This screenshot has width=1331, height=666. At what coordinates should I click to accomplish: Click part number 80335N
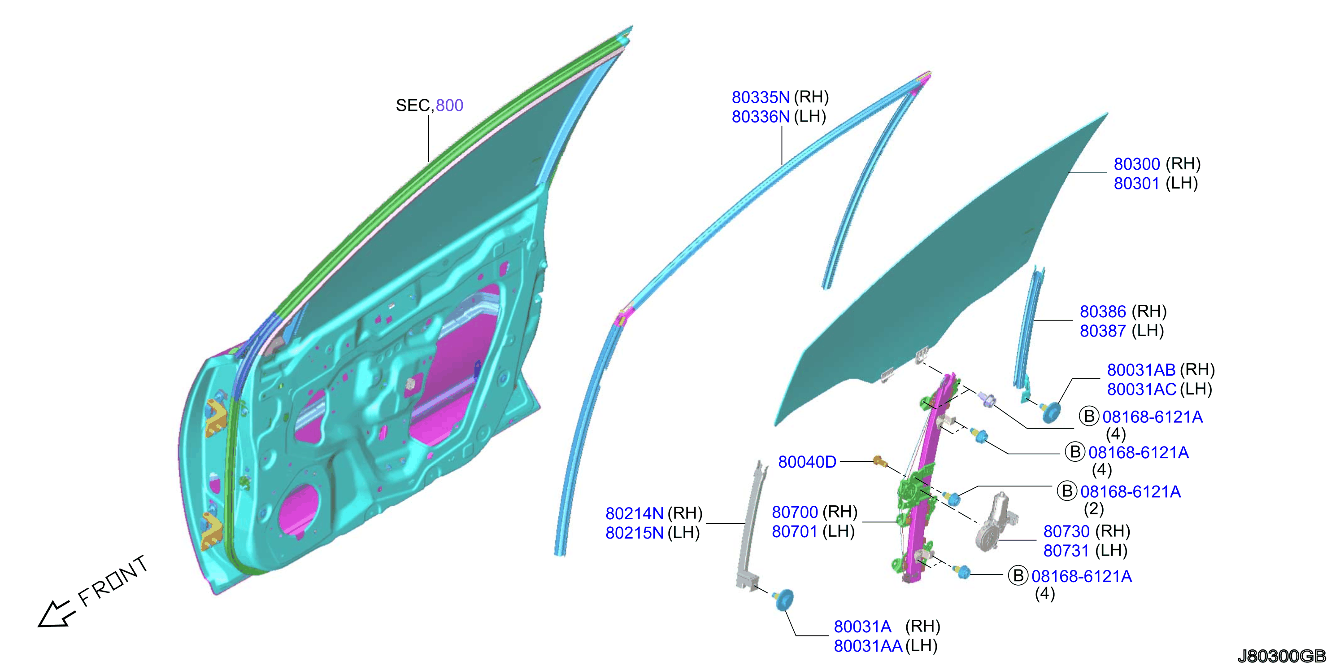(x=761, y=97)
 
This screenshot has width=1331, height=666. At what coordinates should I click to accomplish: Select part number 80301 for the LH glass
(x=1137, y=184)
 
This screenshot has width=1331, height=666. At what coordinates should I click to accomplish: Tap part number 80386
(x=1103, y=312)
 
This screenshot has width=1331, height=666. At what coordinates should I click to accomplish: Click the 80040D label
(x=807, y=462)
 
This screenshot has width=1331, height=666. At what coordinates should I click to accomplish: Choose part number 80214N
(x=634, y=513)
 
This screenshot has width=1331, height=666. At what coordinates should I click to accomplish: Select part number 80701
(x=795, y=531)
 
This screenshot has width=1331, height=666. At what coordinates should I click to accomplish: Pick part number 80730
(x=1066, y=531)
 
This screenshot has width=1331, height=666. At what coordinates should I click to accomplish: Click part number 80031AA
(x=868, y=646)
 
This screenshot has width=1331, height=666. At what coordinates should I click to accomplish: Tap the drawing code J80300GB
(x=1281, y=656)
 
